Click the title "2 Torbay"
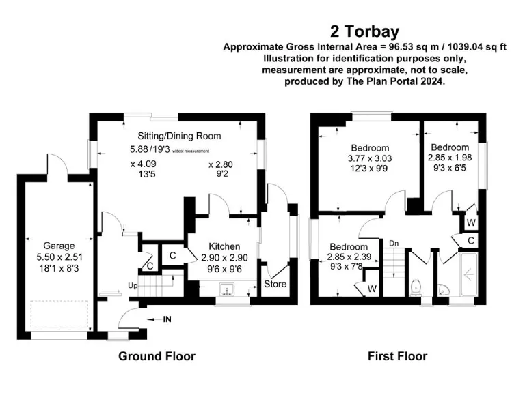364,32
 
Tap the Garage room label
59,246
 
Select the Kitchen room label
224,246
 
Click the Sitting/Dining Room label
180,136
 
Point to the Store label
275,284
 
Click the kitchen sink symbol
227,289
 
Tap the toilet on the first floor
416,287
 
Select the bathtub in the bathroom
469,275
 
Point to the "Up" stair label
133,286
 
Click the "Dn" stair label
394,244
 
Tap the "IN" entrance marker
167,319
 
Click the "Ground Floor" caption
157,356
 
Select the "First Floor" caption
397,356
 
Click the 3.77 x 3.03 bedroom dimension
370,158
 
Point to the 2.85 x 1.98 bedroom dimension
450,158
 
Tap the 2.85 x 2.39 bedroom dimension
349,257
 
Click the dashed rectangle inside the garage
59,314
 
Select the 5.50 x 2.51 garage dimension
59,257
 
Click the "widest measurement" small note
191,151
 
